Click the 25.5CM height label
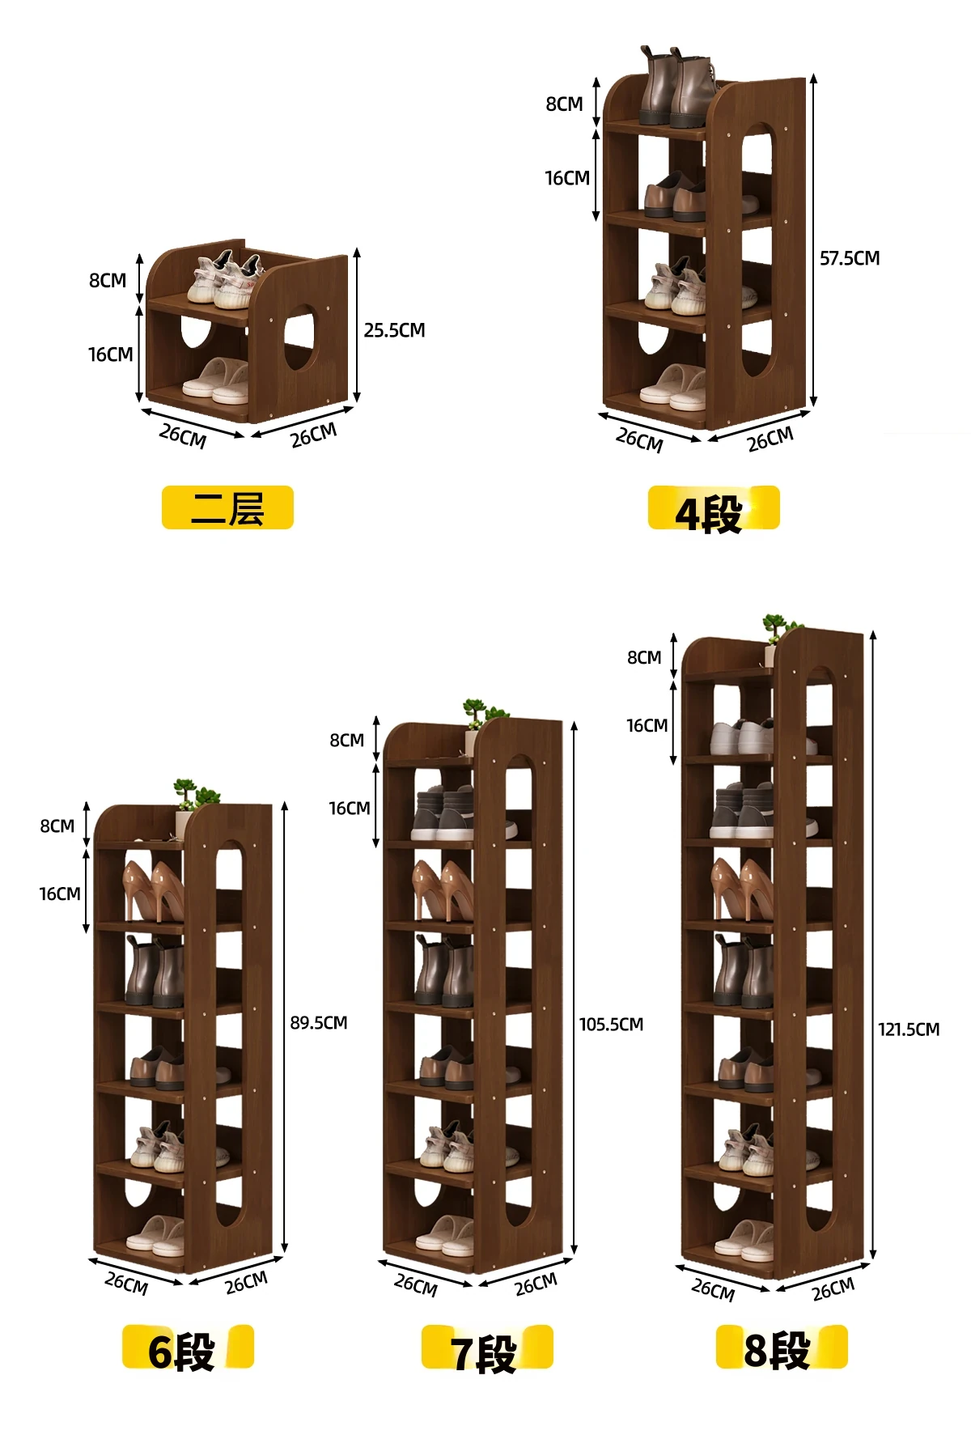click(394, 330)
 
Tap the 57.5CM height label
click(850, 258)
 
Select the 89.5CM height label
click(319, 1023)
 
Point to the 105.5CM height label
click(611, 1025)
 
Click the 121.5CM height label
click(909, 1029)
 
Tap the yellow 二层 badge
click(227, 507)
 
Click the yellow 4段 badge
click(714, 508)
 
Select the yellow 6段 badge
click(188, 1348)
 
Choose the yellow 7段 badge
click(487, 1348)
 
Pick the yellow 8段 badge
click(782, 1348)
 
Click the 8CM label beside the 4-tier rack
click(564, 104)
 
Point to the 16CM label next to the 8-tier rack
click(647, 726)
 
